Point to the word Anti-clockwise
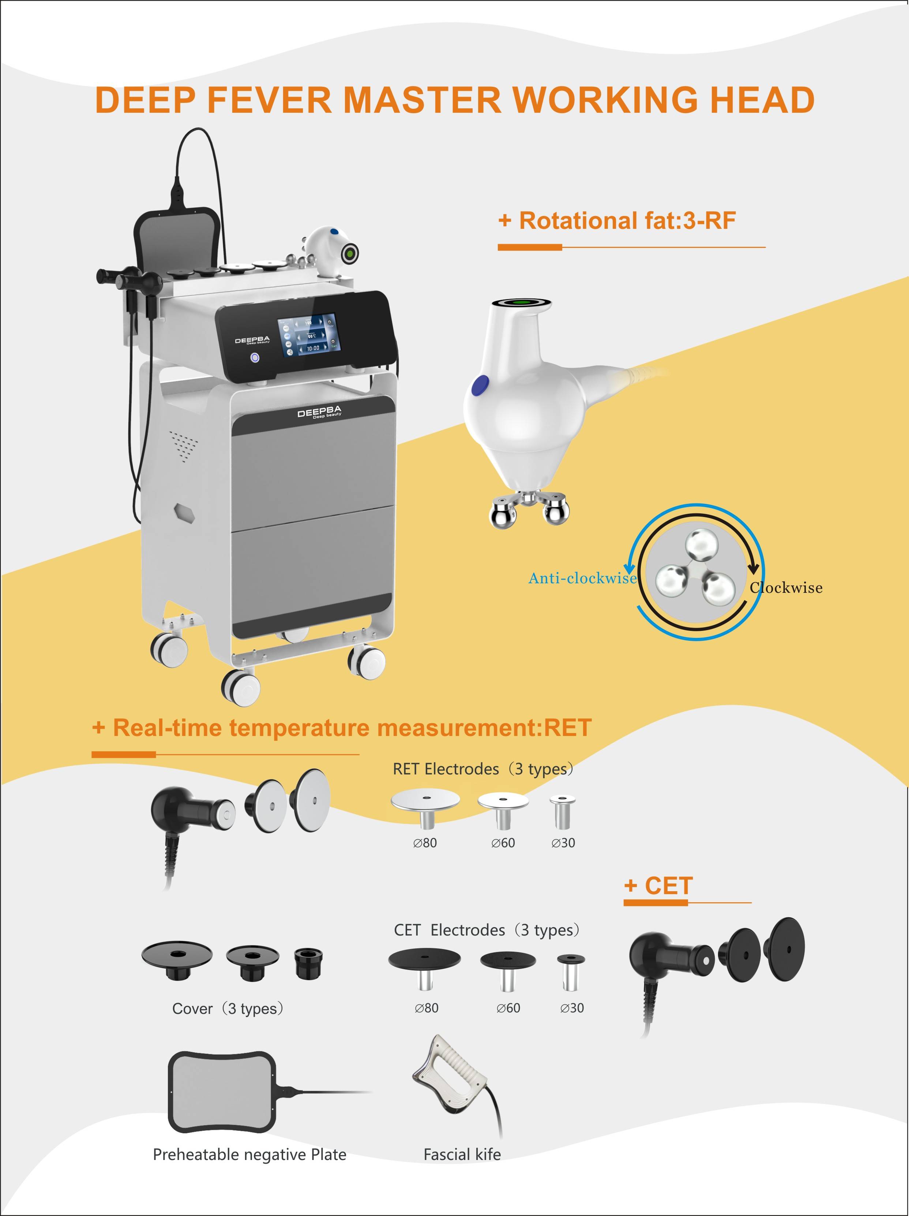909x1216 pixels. click(582, 578)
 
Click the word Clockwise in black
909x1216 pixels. click(786, 588)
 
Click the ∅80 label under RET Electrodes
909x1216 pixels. click(425, 843)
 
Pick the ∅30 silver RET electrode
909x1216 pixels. click(563, 811)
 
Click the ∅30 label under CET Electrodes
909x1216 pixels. click(572, 1008)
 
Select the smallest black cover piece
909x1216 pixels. click(308, 963)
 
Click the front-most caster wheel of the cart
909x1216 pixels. click(241, 687)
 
